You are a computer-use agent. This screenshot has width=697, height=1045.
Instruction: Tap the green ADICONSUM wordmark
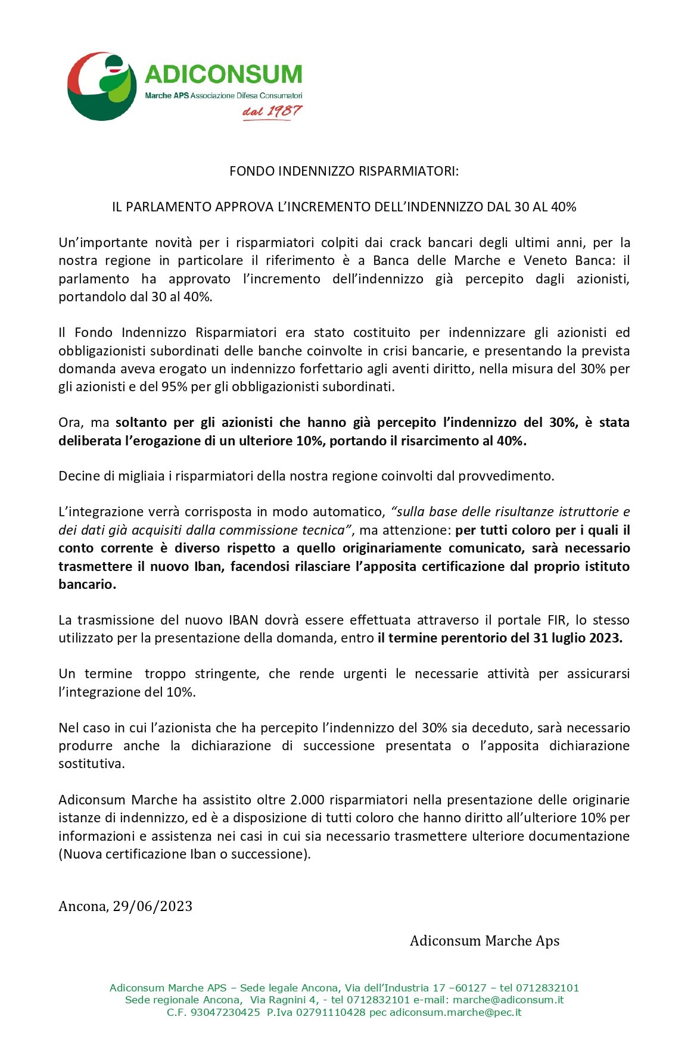pyautogui.click(x=223, y=74)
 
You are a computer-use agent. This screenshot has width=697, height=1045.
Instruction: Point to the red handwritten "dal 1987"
pyautogui.click(x=272, y=111)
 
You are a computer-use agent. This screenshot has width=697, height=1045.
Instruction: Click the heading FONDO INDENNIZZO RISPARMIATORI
pyautogui.click(x=344, y=171)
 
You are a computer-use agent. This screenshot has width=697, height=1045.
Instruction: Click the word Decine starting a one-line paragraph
pyautogui.click(x=79, y=476)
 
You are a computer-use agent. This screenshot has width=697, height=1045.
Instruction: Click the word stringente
pyautogui.click(x=226, y=674)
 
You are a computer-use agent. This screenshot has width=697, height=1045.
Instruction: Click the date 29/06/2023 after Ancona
pyautogui.click(x=153, y=907)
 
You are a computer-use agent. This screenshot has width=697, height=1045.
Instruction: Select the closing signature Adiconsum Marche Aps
pyautogui.click(x=484, y=941)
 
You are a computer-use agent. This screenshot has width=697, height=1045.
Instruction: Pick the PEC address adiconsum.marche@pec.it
pyautogui.click(x=455, y=1012)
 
